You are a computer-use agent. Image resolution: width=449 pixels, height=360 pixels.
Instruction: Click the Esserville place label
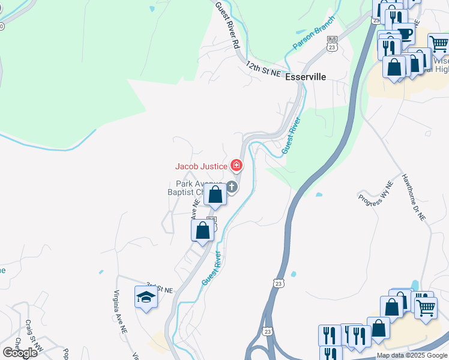306,77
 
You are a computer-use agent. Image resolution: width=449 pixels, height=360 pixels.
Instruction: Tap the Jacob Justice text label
201,166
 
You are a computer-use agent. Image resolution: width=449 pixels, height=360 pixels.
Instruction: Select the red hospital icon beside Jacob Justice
237,165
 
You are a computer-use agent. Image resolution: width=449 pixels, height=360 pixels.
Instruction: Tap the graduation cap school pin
145,297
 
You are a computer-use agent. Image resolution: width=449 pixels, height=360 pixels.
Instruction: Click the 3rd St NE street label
159,287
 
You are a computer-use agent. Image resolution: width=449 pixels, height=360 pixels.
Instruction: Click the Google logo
20,352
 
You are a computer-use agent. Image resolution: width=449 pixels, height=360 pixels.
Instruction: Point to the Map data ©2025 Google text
411,355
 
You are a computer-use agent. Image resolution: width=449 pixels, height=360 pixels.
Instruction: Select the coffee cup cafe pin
405,32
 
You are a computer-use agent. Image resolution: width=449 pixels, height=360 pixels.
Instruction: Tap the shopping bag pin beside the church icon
215,194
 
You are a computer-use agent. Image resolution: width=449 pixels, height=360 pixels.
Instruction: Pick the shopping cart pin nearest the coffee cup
439,43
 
